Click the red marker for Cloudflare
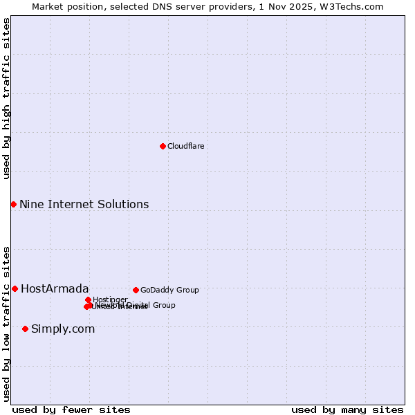pyautogui.click(x=163, y=146)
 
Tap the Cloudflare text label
pyautogui.click(x=185, y=146)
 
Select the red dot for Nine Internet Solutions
pyautogui.click(x=13, y=204)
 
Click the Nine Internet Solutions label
pyautogui.click(x=84, y=204)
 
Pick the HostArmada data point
pyautogui.click(x=15, y=288)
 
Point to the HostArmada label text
pyautogui.click(x=55, y=288)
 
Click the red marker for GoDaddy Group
pyautogui.click(x=136, y=290)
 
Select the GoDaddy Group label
pyautogui.click(x=169, y=290)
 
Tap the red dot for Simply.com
pyautogui.click(x=25, y=329)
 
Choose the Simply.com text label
pyautogui.click(x=63, y=329)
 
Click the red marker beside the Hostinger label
pyautogui.click(x=88, y=299)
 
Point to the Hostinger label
pyautogui.click(x=110, y=299)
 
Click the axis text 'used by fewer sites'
pyautogui.click(x=71, y=409)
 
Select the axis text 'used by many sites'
pyautogui.click(x=347, y=409)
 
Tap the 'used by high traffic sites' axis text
pyautogui.click(x=7, y=98)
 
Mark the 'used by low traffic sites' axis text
pyautogui.click(x=7, y=323)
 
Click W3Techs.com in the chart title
pyautogui.click(x=357, y=6)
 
